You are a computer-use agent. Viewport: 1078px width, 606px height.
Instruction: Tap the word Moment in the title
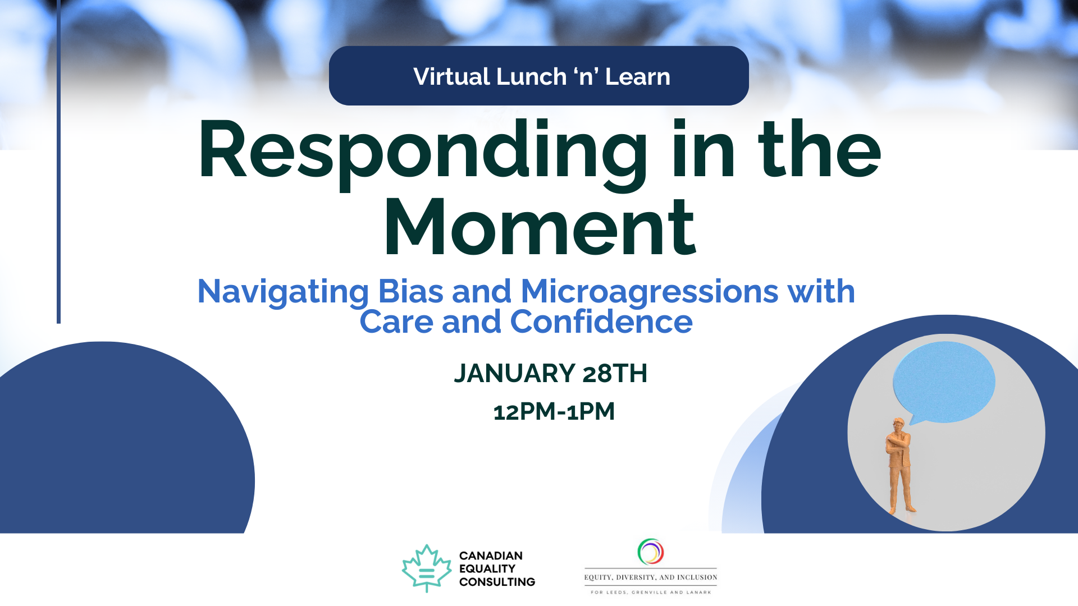click(540, 227)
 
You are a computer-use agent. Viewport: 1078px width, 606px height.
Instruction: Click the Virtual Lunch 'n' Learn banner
click(539, 76)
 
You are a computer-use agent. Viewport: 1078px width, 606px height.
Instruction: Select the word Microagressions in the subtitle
click(650, 292)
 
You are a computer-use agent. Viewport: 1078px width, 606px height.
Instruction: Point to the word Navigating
click(284, 292)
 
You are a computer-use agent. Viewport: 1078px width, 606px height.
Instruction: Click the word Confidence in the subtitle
click(601, 322)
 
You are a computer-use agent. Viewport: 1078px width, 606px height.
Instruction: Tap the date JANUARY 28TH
click(550, 373)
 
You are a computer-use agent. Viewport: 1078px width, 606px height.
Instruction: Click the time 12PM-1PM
click(554, 411)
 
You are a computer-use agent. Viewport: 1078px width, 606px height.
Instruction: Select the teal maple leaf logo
click(427, 568)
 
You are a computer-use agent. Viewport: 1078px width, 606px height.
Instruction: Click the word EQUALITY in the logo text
click(487, 568)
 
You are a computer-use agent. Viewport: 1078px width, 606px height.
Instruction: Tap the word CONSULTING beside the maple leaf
click(497, 582)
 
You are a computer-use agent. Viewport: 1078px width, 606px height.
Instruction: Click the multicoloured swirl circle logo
click(651, 552)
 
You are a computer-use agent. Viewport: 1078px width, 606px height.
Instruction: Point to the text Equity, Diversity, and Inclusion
click(651, 577)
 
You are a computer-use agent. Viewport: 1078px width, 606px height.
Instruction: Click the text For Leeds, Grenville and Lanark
click(651, 592)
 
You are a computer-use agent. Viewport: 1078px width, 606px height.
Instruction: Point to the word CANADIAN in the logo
click(491, 555)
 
